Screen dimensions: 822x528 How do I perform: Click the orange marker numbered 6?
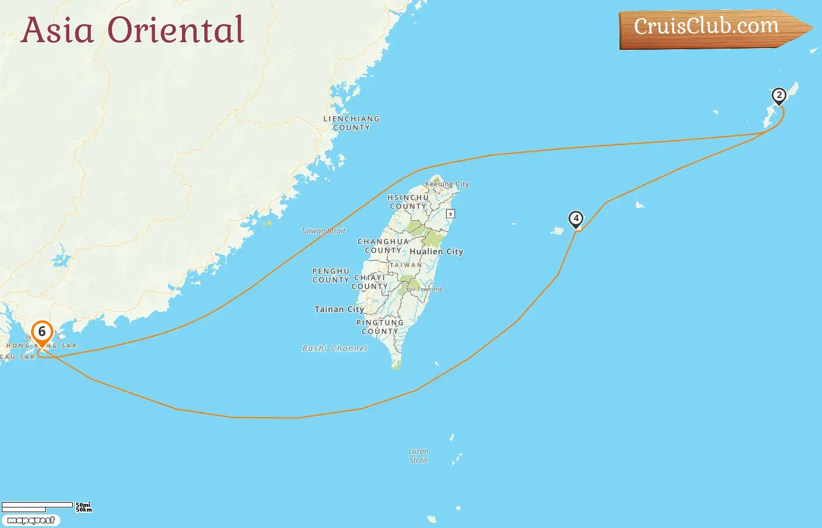tap(42, 333)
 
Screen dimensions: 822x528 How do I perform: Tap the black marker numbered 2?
tap(779, 96)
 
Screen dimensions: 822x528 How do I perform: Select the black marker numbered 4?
tap(576, 219)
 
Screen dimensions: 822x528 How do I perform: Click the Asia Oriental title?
tap(133, 30)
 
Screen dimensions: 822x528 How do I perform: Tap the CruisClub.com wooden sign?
tap(710, 28)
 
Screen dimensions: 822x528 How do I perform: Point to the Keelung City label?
tap(447, 184)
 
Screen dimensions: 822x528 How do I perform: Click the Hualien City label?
tap(436, 252)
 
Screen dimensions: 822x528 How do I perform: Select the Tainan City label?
tap(339, 309)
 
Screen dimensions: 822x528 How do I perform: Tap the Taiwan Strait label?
tap(323, 231)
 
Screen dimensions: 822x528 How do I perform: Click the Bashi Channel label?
tap(335, 348)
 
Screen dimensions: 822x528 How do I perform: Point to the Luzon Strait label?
tap(418, 456)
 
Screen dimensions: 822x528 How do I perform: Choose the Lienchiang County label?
tap(351, 123)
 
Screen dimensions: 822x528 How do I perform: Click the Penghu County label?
tap(331, 276)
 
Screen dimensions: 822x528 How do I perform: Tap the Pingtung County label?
tap(380, 327)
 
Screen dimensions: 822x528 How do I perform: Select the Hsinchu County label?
tap(408, 202)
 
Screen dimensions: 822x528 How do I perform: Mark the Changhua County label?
tap(383, 246)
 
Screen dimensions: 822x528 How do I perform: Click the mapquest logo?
tap(31, 520)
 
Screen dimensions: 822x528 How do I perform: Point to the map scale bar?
tap(38, 506)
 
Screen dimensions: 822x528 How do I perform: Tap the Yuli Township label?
tap(424, 289)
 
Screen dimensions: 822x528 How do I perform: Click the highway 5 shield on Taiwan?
tap(450, 214)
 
